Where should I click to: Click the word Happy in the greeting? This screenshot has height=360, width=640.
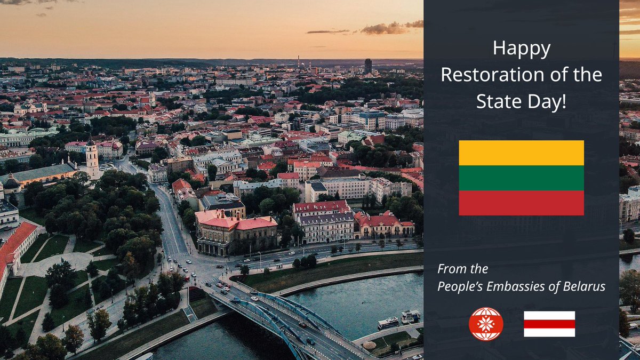(x=521, y=50)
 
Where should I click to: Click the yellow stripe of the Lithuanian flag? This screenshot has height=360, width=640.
(x=521, y=153)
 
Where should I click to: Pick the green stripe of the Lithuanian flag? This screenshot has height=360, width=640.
(x=521, y=178)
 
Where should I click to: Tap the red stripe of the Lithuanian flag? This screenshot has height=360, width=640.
(x=521, y=203)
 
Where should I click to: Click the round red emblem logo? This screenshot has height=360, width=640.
(x=486, y=324)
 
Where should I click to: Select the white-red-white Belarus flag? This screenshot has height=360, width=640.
(x=549, y=324)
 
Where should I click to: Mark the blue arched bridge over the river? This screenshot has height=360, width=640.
(x=277, y=315)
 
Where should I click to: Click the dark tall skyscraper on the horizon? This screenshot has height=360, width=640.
(x=368, y=66)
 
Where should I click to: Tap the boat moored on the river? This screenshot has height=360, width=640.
(x=388, y=323)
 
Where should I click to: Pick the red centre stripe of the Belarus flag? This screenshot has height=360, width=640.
(x=549, y=324)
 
